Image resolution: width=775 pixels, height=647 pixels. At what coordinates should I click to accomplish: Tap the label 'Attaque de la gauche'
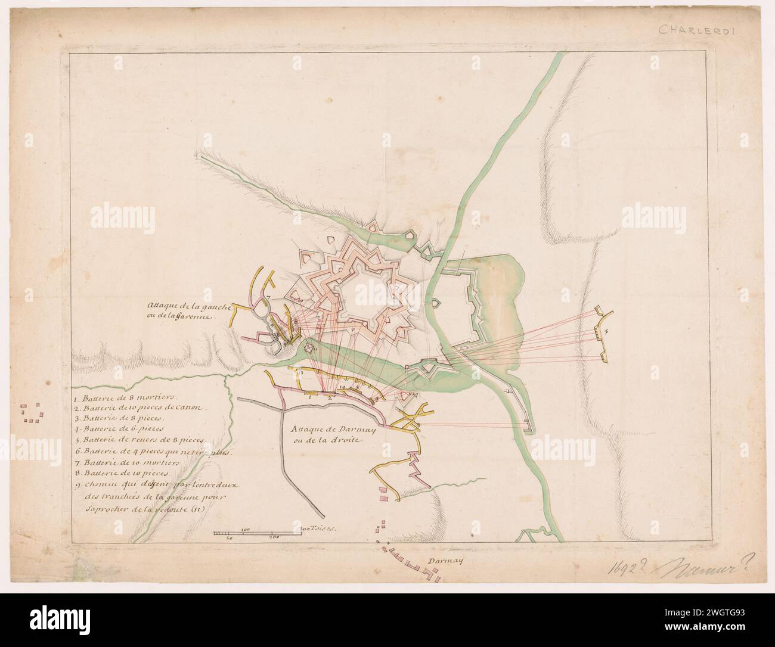[x=178, y=309]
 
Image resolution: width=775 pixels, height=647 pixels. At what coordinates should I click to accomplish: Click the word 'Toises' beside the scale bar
[x=322, y=528]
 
